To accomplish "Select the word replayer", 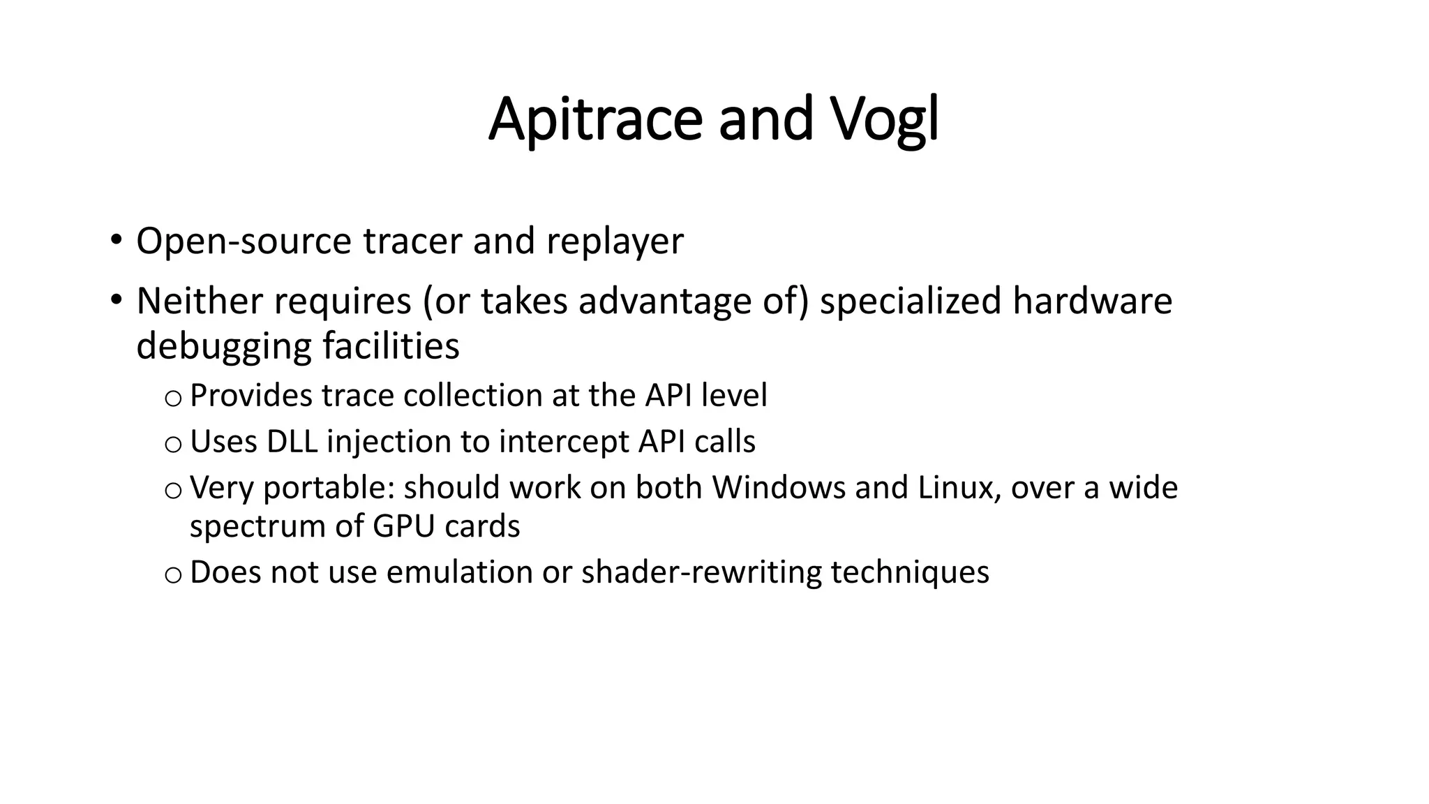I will pos(615,241).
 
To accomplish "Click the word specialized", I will pos(911,301).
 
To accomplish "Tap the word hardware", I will pos(1092,301).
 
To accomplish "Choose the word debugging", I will pos(223,346).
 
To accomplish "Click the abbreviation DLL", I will pos(292,442).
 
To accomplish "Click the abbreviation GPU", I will pos(404,526).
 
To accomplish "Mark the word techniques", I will pos(909,572).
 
